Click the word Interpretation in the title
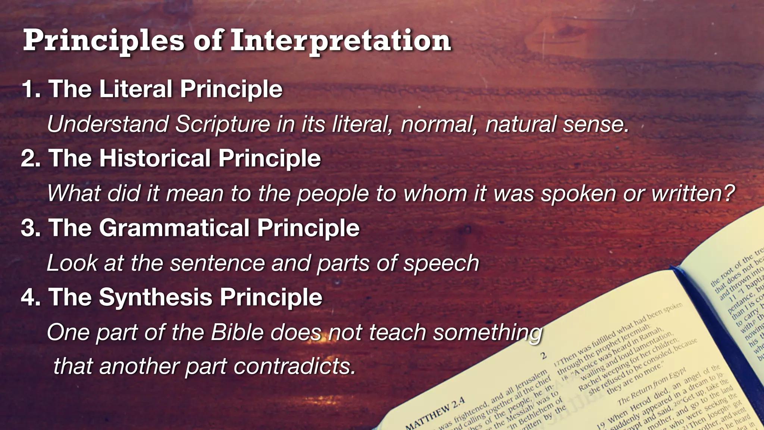(x=340, y=41)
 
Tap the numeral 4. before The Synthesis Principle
(x=31, y=297)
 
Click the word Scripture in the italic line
(x=223, y=124)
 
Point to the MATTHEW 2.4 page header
(x=435, y=413)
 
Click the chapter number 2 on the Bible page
(x=544, y=355)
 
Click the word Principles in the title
(x=104, y=41)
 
